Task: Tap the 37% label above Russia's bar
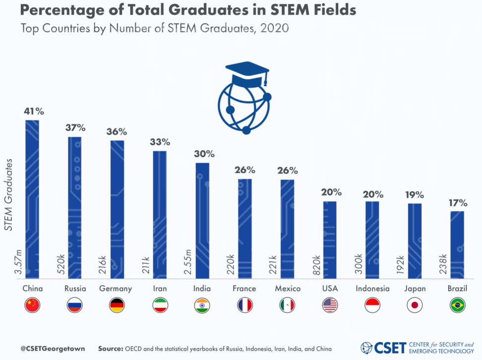75,128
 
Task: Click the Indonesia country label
373,289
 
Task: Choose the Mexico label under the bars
287,289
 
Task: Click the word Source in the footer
110,349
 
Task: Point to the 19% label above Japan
415,195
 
